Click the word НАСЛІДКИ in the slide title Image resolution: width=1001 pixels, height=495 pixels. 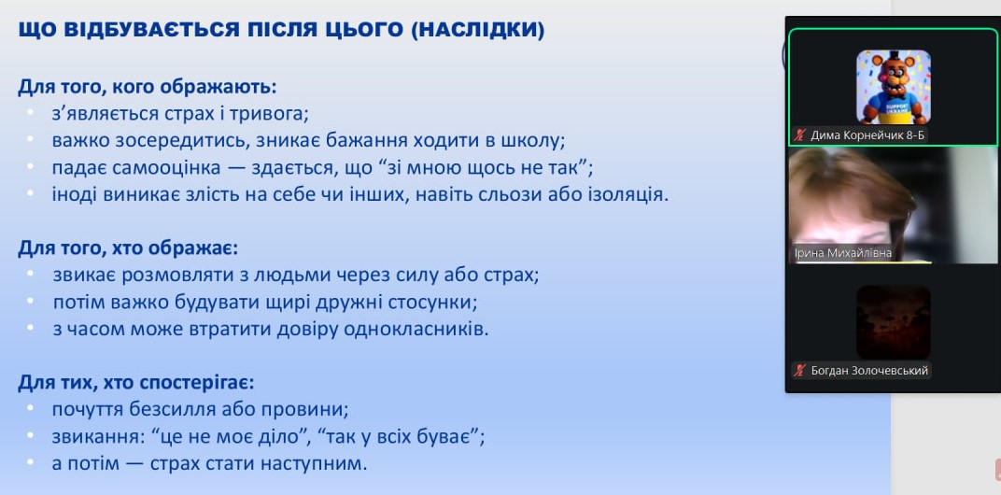point(478,30)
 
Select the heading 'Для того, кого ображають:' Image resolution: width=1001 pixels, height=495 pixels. point(148,86)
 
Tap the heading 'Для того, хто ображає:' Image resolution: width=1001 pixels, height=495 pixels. point(128,247)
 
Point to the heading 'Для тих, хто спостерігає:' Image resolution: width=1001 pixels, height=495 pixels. point(136,383)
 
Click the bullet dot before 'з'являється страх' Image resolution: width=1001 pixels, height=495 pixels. point(30,112)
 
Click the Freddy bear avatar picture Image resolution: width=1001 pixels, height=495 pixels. point(893,87)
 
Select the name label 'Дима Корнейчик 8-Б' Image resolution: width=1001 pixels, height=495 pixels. point(867,134)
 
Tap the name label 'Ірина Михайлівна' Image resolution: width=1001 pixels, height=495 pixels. point(842,253)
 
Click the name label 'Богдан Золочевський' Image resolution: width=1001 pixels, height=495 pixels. point(869,371)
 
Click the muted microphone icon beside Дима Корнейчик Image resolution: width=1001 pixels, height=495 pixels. point(799,134)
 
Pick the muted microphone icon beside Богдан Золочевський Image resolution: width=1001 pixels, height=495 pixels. point(799,371)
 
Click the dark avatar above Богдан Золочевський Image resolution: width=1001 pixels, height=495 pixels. point(893,322)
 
